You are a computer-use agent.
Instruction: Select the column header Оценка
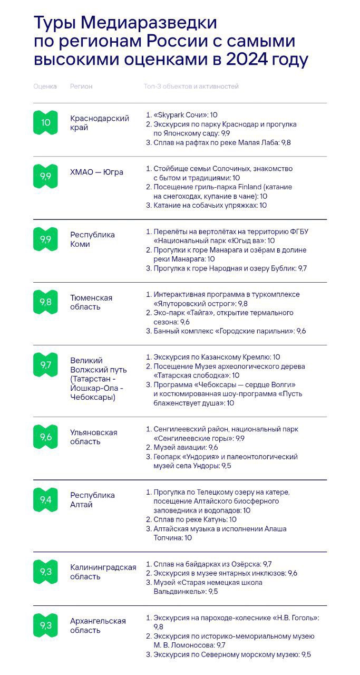click(45, 86)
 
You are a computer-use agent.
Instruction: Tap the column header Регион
click(81, 86)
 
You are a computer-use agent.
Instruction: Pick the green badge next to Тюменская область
click(45, 302)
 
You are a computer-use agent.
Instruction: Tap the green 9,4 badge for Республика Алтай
click(45, 500)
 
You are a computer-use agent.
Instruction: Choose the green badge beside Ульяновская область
click(45, 437)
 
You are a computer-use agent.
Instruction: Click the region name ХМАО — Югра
click(96, 172)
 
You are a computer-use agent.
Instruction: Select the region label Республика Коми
click(92, 239)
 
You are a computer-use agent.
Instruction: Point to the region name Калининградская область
click(103, 572)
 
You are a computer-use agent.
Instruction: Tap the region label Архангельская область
click(98, 625)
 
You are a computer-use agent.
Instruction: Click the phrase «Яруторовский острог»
click(194, 304)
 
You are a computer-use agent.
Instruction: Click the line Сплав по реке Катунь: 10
click(194, 519)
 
